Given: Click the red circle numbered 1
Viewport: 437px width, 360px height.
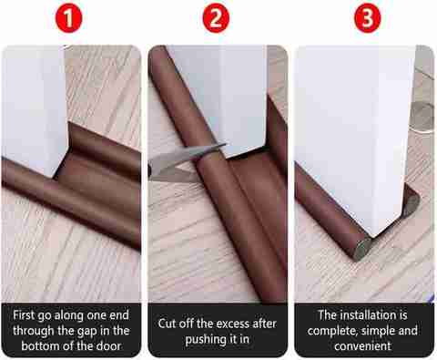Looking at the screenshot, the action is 69,18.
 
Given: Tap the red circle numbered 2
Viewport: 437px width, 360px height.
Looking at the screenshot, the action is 216,18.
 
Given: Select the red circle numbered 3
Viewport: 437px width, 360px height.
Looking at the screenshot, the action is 368,18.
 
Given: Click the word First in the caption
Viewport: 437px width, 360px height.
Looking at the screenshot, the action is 24,315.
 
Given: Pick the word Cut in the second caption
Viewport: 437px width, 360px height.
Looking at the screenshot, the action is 167,324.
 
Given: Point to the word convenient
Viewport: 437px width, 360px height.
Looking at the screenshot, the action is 362,346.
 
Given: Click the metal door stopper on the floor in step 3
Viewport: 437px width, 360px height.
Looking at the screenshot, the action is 422,118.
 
